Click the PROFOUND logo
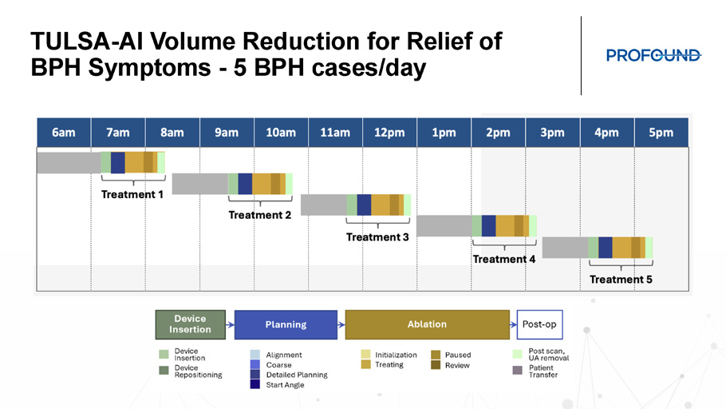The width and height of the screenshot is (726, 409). [653, 55]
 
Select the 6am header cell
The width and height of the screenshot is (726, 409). [64, 133]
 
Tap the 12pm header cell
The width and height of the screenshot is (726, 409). [389, 133]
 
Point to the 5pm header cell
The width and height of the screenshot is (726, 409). [661, 133]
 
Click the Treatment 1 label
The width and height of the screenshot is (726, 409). [132, 194]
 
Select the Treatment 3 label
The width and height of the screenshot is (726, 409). [377, 237]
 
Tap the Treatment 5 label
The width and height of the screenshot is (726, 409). [621, 279]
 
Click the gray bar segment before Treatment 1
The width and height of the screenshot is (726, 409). [69, 163]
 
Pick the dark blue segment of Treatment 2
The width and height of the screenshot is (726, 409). [245, 184]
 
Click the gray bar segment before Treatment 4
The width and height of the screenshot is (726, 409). [444, 226]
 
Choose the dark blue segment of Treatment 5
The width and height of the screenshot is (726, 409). [606, 248]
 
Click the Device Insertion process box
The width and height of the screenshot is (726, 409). [191, 324]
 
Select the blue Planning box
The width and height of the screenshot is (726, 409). [286, 324]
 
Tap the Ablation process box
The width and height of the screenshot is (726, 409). [428, 324]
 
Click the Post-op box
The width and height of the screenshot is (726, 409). [539, 324]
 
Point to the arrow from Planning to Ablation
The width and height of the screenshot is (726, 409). [341, 324]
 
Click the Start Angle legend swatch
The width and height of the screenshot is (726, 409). [255, 384]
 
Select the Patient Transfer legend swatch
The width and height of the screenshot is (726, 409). [518, 370]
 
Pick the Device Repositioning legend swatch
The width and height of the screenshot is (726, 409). [164, 370]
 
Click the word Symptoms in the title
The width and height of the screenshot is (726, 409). [149, 68]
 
